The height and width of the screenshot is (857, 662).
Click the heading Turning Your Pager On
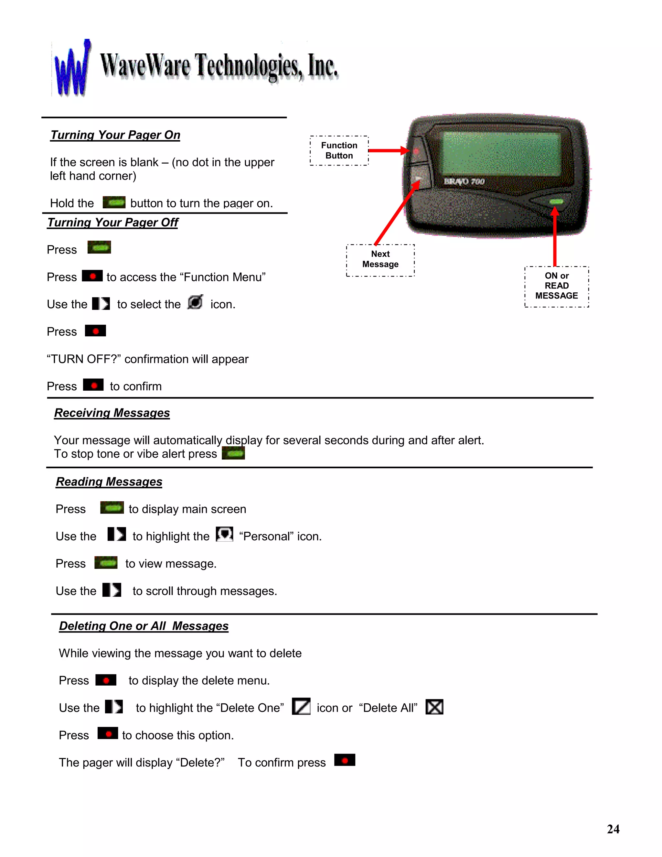click(x=115, y=135)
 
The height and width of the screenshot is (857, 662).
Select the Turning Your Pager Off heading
click(x=112, y=222)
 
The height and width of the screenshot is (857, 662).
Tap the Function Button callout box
click(x=339, y=151)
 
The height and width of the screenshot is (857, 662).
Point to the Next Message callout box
click(x=380, y=259)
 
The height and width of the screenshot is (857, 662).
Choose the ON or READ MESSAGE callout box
click(x=557, y=286)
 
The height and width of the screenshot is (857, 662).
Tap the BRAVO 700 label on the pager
click(x=464, y=181)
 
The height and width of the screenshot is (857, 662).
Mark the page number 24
click(x=613, y=829)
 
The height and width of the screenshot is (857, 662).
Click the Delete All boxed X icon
click(x=434, y=707)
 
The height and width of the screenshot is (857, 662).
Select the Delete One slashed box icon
click(x=301, y=707)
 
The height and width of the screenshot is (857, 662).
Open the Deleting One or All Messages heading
click(x=144, y=626)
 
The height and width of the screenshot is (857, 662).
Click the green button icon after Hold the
click(x=114, y=202)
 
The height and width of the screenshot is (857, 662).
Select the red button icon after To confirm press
click(x=345, y=760)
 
